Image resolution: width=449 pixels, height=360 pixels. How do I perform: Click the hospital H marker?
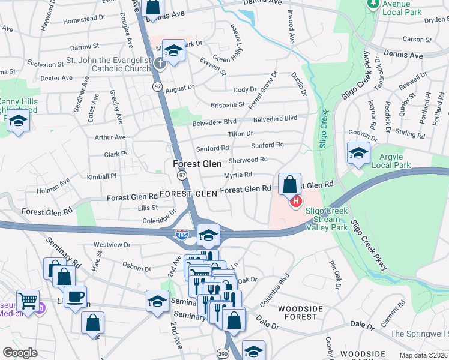pyautogui.click(x=295, y=202)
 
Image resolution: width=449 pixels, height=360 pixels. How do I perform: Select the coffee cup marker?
pyautogui.click(x=75, y=296)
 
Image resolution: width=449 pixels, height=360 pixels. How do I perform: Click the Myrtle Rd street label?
pyautogui.click(x=238, y=175)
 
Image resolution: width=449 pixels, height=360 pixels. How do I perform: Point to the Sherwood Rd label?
pyautogui.click(x=247, y=160)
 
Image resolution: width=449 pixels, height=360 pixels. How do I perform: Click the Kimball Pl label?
pyautogui.click(x=101, y=177)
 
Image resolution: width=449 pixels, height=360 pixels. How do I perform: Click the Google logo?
pyautogui.click(x=20, y=353)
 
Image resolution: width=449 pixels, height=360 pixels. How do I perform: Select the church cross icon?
pyautogui.click(x=160, y=62)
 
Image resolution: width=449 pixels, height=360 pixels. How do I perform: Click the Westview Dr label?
pyautogui.click(x=112, y=245)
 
